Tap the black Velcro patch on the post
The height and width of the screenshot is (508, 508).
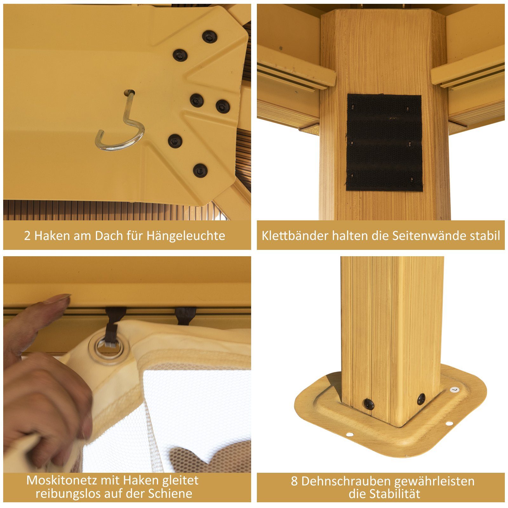click(384, 143)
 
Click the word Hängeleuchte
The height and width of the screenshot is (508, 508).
click(186, 236)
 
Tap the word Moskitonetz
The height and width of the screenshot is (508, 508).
click(61, 480)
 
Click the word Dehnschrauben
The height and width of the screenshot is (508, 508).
click(345, 481)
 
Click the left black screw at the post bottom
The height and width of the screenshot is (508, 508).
click(368, 404)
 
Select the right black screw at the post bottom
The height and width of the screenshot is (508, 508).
click(421, 399)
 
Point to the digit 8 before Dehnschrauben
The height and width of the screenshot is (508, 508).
click(294, 482)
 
